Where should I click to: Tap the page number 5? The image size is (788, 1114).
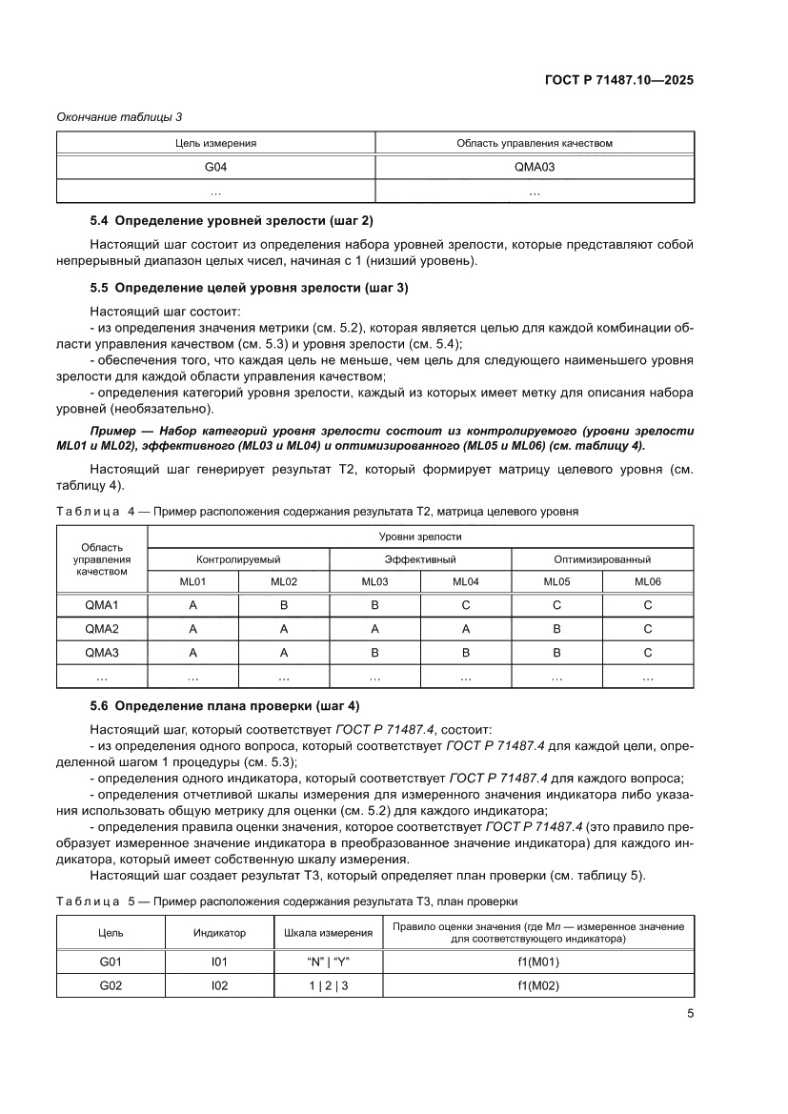(x=689, y=1014)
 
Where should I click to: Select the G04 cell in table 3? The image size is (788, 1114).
(x=215, y=167)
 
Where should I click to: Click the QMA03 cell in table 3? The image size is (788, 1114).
(x=534, y=167)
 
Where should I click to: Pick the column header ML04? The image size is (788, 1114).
(x=465, y=581)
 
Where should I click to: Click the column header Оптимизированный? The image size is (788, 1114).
(x=602, y=558)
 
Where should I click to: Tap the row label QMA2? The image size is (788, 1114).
(x=101, y=628)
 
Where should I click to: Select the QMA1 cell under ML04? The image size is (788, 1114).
(x=465, y=604)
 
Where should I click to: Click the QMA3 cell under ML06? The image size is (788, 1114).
(x=648, y=652)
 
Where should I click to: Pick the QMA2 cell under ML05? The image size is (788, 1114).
(x=556, y=628)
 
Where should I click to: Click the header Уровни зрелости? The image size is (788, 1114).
(x=419, y=537)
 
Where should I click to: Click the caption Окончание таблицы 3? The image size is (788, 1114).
(x=119, y=116)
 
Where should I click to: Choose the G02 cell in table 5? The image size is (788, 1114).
(x=111, y=985)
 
